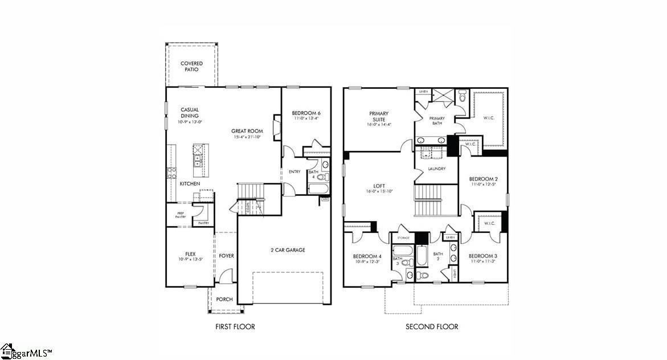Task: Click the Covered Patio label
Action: tap(191, 66)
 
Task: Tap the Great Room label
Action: tap(247, 131)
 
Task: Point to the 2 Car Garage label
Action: tap(287, 249)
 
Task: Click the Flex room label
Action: tap(190, 254)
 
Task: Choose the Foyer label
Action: tap(226, 256)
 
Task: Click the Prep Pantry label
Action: tap(180, 215)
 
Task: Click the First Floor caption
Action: tap(235, 326)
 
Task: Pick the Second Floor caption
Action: tap(431, 326)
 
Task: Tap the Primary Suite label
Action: tap(379, 117)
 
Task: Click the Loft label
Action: tap(379, 186)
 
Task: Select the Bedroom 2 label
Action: tap(483, 178)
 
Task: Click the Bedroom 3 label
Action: tap(483, 256)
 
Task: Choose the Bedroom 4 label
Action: tap(367, 256)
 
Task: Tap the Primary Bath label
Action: tap(437, 121)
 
